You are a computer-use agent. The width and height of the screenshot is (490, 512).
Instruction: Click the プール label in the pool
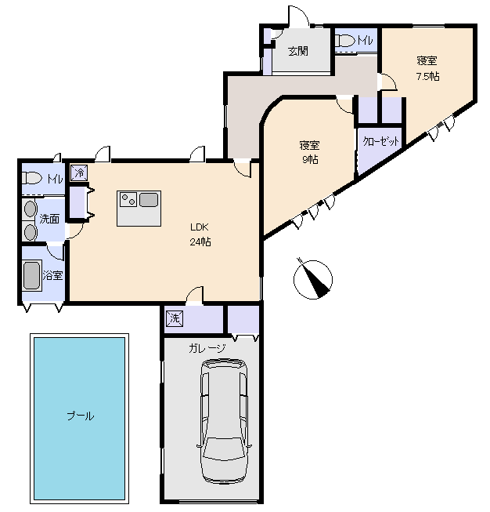coord(81,416)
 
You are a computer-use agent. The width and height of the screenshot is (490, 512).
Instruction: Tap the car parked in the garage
coord(224,422)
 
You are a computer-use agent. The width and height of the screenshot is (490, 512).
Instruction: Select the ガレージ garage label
coord(207,348)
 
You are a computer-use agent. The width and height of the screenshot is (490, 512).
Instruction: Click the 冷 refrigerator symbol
coord(79,172)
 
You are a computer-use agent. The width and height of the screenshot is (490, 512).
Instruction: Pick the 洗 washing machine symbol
coord(175,318)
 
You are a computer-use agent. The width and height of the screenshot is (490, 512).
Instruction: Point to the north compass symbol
coord(313,279)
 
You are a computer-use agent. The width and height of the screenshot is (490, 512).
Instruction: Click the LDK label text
coord(199,227)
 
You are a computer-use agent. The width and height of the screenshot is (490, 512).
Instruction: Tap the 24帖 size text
coord(200,242)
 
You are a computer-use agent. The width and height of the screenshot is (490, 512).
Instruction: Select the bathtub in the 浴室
coord(32,275)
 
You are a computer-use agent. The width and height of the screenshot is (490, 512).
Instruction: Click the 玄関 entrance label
coord(298,51)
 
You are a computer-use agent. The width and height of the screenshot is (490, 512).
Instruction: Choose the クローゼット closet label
coord(380,141)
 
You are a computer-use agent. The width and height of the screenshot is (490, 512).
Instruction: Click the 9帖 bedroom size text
coord(310,160)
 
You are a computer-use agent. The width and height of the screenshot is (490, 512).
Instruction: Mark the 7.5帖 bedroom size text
coord(427,76)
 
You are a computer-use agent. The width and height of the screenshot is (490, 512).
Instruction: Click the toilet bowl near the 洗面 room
coord(32,179)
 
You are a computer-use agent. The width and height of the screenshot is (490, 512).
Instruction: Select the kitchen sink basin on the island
coord(149,199)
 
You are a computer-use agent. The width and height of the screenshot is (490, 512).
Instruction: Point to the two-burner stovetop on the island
coord(128,199)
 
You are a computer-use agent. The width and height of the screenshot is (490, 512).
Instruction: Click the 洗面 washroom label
coord(49,219)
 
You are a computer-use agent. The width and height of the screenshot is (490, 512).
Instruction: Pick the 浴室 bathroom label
coord(52,275)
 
